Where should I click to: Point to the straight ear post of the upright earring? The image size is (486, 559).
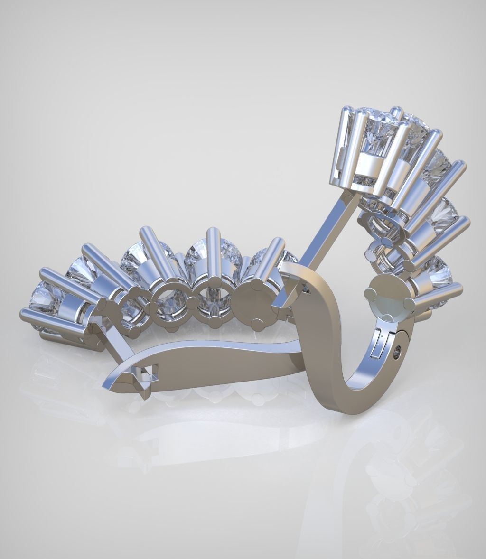click(x=323, y=237)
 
